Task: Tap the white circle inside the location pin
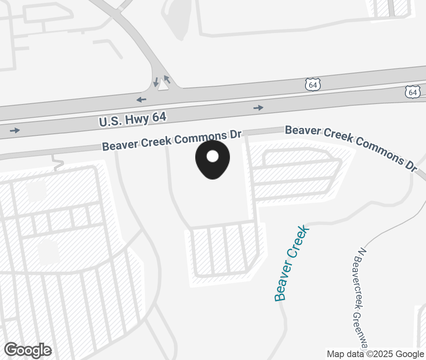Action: click(212, 156)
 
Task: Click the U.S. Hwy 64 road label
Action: click(133, 119)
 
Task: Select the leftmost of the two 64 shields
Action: click(313, 85)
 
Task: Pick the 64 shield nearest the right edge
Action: click(413, 92)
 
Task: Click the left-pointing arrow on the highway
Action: click(141, 99)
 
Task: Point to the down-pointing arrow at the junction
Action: click(156, 82)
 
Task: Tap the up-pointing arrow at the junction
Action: click(167, 79)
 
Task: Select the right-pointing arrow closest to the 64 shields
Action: click(258, 108)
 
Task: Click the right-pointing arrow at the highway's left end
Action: click(15, 130)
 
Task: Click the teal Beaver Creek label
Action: click(291, 263)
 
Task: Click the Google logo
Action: click(28, 350)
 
